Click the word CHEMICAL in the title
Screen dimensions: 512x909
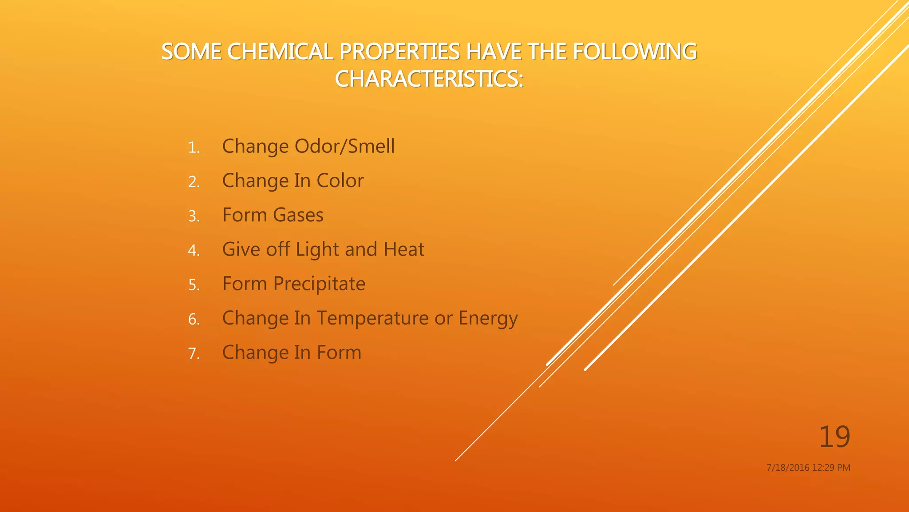coord(280,52)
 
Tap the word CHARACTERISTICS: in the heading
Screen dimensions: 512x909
coord(429,79)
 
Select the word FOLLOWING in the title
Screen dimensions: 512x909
coord(635,52)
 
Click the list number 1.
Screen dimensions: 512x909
coord(194,148)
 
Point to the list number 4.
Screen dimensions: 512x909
coord(194,251)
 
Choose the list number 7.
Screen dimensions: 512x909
coord(194,354)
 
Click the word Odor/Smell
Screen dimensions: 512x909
coord(344,146)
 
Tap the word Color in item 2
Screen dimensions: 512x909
coord(340,180)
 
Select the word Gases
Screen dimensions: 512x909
coord(298,215)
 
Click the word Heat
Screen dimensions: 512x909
coord(404,249)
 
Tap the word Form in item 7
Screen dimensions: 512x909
coord(339,352)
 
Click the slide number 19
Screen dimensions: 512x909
coord(834,437)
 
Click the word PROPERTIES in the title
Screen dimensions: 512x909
coord(399,52)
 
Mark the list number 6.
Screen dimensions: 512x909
coord(194,320)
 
